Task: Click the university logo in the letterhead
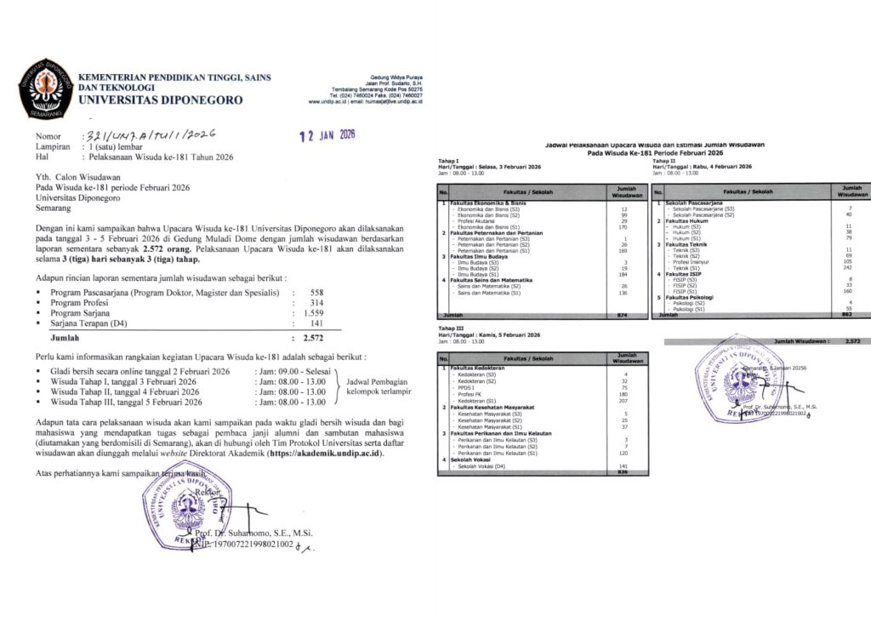pos(44,88)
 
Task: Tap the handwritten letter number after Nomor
pos(148,134)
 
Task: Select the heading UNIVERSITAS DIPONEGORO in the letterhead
pos(160,100)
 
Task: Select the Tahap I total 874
pos(625,316)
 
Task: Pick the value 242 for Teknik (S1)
pos(846,268)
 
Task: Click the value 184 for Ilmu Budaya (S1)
pos(624,274)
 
